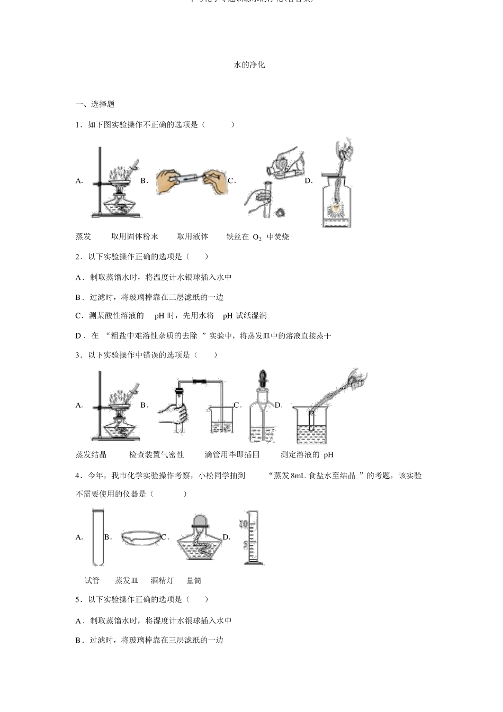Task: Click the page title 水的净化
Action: (249, 65)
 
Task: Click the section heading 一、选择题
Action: (95, 104)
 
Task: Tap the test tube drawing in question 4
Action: (97, 537)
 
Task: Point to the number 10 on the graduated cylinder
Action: (244, 524)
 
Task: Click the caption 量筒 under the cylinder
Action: (194, 580)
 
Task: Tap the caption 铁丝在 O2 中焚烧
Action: (258, 237)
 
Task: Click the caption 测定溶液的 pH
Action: (307, 454)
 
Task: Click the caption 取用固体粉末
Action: (134, 236)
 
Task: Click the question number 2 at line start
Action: (78, 257)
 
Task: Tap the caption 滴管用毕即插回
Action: (232, 454)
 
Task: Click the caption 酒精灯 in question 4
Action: (162, 580)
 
